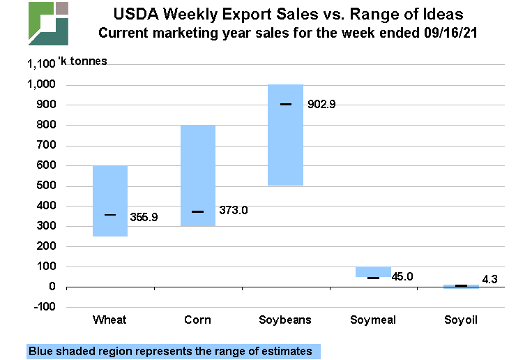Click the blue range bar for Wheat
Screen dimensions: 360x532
click(x=110, y=201)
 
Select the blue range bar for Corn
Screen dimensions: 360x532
click(x=197, y=176)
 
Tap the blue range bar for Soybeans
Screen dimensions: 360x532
click(x=286, y=135)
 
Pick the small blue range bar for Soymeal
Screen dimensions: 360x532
click(x=373, y=271)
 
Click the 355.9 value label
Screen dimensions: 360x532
click(x=144, y=217)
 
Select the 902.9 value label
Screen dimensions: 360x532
click(x=322, y=105)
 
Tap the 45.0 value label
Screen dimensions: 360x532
click(x=402, y=277)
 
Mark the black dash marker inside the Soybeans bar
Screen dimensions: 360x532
click(x=286, y=104)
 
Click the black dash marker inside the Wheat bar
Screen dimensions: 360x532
click(x=110, y=215)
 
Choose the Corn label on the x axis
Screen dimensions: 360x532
click(x=197, y=320)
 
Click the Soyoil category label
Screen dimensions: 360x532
click(x=462, y=320)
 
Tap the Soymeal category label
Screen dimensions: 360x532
click(x=374, y=320)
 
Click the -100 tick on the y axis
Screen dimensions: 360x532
click(x=43, y=307)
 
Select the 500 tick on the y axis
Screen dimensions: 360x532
click(x=46, y=186)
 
